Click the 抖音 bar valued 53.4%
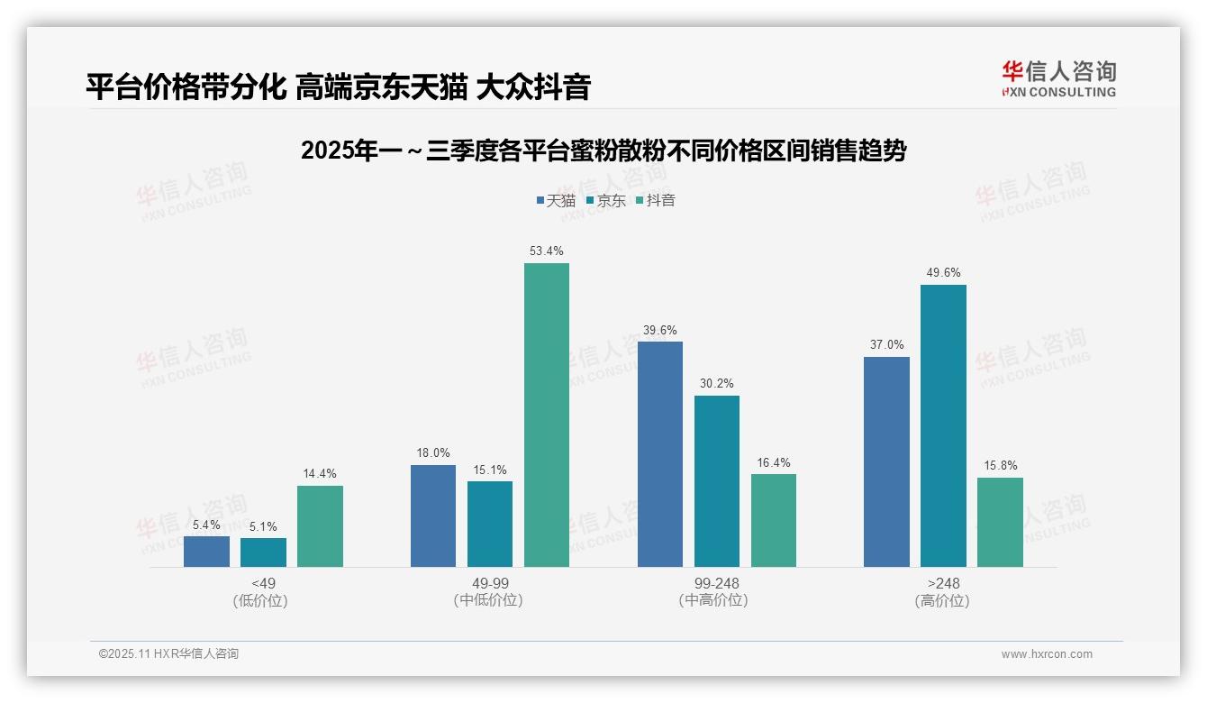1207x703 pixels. pos(547,415)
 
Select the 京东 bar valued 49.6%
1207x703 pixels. pos(943,425)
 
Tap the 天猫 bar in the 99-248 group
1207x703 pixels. pos(660,454)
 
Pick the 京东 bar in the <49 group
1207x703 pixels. pos(263,552)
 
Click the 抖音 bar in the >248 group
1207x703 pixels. pos(1000,522)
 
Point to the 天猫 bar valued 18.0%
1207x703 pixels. pos(433,516)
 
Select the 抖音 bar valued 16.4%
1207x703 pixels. pos(774,520)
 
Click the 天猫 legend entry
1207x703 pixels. pos(556,200)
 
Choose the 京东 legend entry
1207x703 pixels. pos(605,200)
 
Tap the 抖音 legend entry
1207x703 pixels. pos(656,200)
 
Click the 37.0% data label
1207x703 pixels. pos(886,345)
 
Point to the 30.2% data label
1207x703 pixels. pos(716,384)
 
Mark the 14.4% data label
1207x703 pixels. pos(320,474)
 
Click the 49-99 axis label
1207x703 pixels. pos(490,583)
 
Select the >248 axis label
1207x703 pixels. pos(943,583)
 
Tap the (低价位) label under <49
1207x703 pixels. pos(260,600)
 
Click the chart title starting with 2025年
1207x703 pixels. pos(603,151)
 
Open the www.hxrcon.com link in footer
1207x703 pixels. pos(1047,654)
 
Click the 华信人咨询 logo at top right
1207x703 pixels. pos(1058,78)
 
